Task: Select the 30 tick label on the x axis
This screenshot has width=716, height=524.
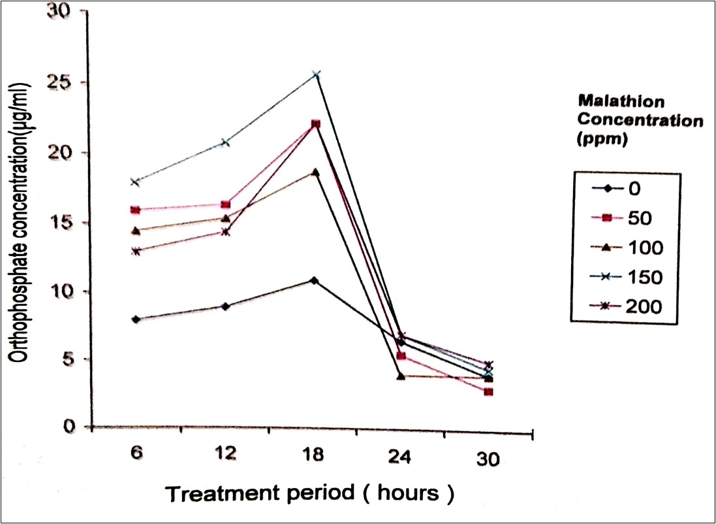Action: pos(488,459)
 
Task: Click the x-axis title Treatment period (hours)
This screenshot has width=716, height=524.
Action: pos(309,494)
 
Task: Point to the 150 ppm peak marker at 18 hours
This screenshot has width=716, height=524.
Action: pos(317,75)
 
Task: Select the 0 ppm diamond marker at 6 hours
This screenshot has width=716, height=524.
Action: pos(136,319)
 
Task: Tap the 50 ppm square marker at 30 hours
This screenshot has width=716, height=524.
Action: pos(489,392)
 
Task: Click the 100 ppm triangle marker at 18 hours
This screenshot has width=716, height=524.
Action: pos(315,172)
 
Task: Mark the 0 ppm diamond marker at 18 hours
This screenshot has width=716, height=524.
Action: pos(315,281)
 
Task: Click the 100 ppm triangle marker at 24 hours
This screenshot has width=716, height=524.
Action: pos(401,376)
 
